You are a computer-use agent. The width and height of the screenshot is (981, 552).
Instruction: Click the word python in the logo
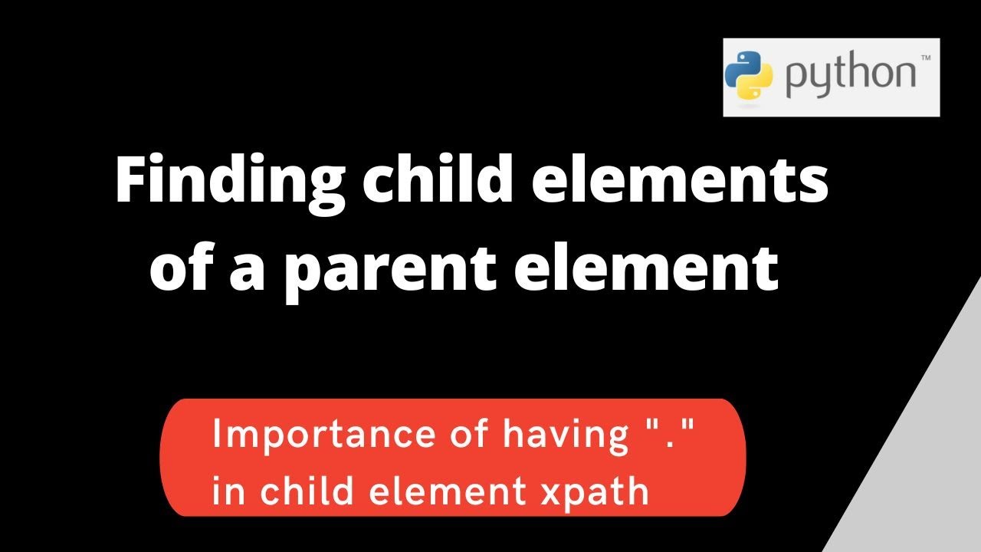click(x=849, y=77)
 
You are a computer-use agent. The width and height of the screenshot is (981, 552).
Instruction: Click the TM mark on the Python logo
click(x=925, y=58)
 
